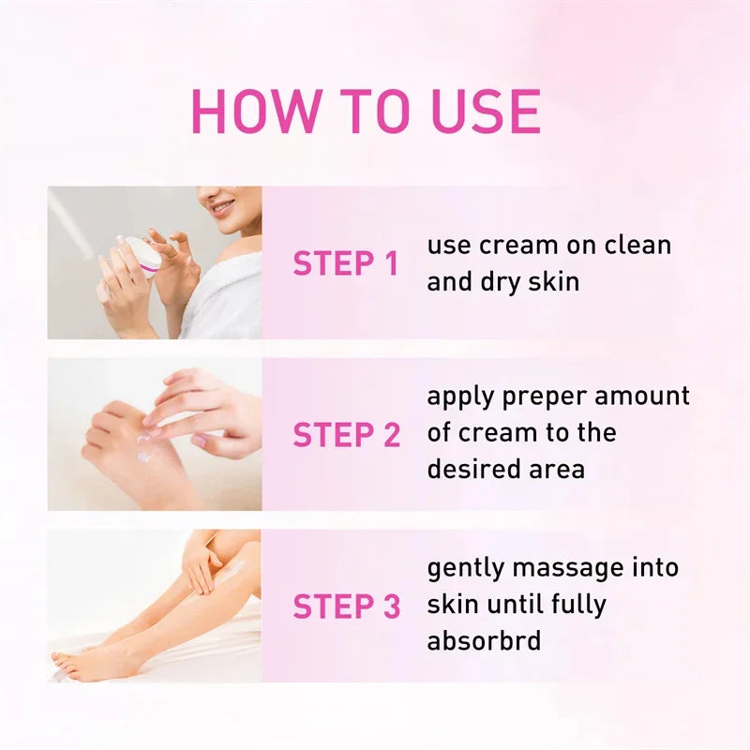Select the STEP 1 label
pos(346,263)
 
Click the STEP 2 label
pos(346,435)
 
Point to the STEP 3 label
pos(346,607)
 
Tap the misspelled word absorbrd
pos(484,641)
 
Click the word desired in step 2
pos(472,468)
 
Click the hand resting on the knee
pos(202,562)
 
